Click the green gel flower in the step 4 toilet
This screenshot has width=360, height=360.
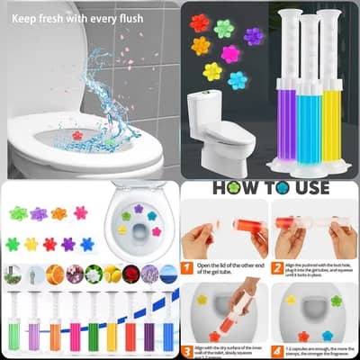[336, 301]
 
